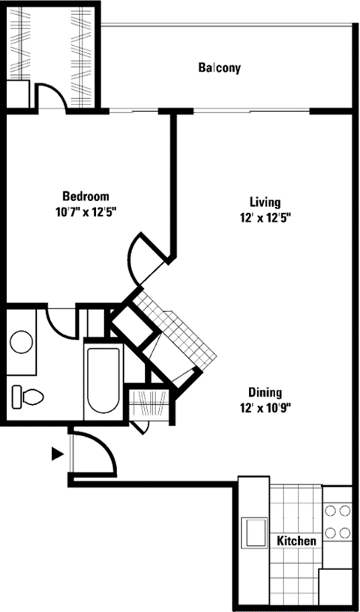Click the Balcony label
(x=219, y=68)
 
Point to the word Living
(x=265, y=202)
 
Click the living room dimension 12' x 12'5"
(x=264, y=217)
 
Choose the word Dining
(x=265, y=392)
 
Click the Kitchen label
(x=296, y=541)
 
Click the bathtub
(x=101, y=382)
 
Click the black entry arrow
(x=56, y=453)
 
